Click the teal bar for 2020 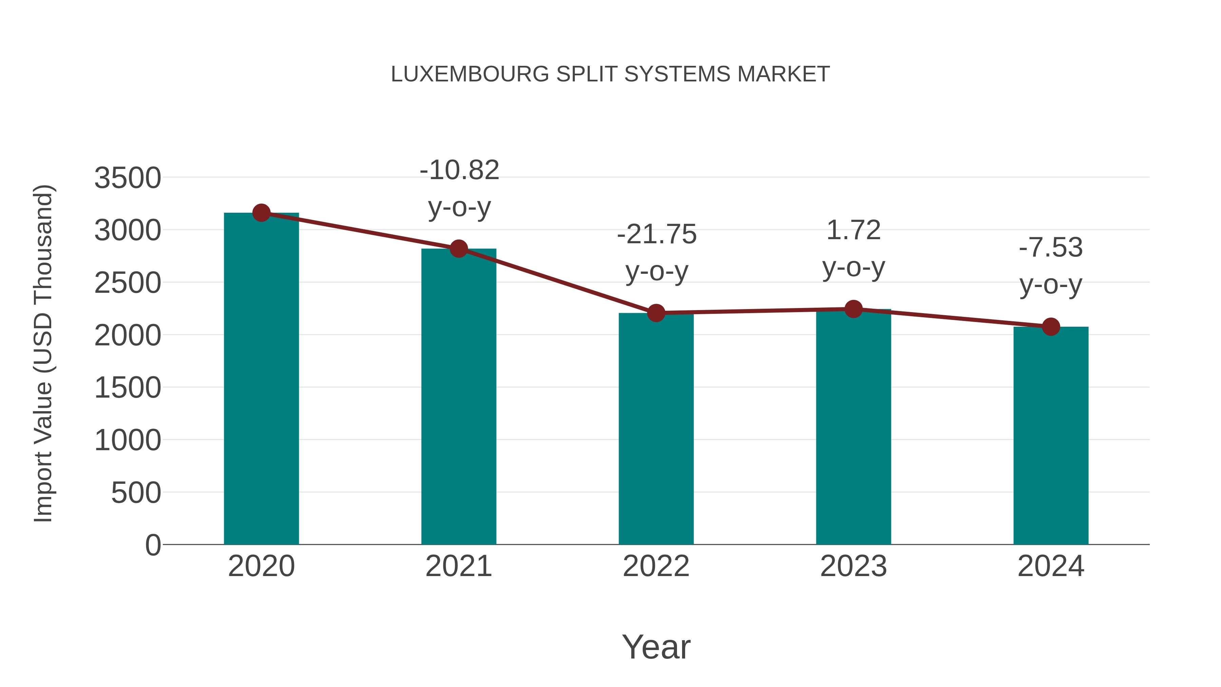tap(261, 379)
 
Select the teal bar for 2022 tap(656, 429)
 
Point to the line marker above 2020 tap(261, 213)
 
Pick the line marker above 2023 tap(853, 309)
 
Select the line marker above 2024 tap(1051, 327)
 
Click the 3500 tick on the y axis tap(128, 179)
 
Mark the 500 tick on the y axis tap(136, 493)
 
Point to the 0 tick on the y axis tap(153, 545)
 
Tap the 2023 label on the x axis tap(853, 567)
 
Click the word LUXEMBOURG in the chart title tap(469, 74)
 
